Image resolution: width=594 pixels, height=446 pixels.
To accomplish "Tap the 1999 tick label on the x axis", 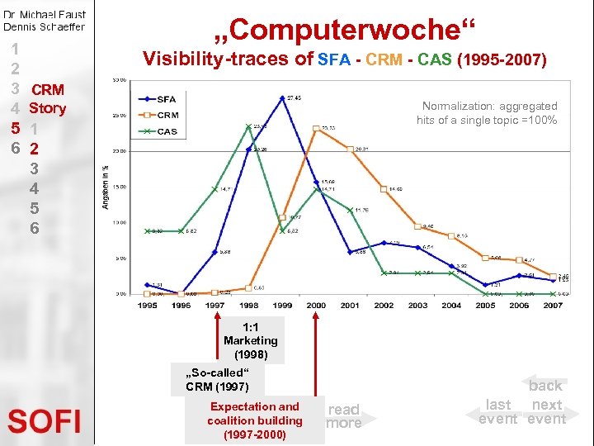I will [x=282, y=306].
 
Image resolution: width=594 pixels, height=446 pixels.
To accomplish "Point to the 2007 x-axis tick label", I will [x=553, y=306].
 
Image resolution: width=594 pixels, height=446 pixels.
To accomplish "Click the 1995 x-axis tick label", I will [x=147, y=306].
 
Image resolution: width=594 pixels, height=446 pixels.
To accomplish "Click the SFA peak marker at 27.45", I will [x=282, y=98].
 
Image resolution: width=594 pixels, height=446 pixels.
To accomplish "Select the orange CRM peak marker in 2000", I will [x=317, y=128].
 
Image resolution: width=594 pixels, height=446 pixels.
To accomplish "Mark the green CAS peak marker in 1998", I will [x=248, y=126].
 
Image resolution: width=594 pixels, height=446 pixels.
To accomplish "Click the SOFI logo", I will [x=45, y=421].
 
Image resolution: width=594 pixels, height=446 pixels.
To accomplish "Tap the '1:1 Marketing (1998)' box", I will [x=251, y=340].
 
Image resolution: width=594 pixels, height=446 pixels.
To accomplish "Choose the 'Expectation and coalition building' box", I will [x=255, y=420].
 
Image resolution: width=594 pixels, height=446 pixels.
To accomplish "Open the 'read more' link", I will [x=344, y=415].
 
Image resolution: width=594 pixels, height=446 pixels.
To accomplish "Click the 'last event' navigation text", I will [x=498, y=411].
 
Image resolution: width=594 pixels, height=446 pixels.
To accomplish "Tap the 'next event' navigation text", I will [x=547, y=411].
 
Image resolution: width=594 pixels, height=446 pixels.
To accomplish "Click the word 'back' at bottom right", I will [x=545, y=386].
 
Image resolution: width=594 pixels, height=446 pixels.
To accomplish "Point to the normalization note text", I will [x=487, y=113].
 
